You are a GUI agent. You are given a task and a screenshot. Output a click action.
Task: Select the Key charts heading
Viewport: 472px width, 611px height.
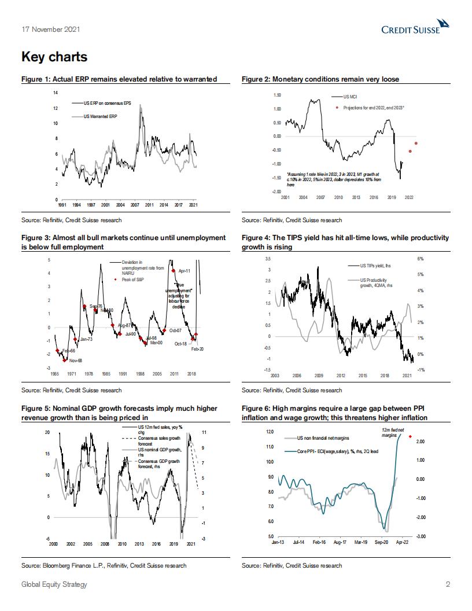pyautogui.click(x=54, y=57)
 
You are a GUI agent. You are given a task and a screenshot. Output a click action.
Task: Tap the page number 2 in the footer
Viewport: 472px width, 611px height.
pyautogui.click(x=448, y=584)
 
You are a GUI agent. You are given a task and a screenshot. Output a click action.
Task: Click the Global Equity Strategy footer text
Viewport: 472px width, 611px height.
pyautogui.click(x=54, y=584)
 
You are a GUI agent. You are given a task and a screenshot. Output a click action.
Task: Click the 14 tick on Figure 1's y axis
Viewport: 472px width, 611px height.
pyautogui.click(x=56, y=93)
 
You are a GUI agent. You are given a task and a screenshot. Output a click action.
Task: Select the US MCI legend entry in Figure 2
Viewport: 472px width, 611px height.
pyautogui.click(x=351, y=97)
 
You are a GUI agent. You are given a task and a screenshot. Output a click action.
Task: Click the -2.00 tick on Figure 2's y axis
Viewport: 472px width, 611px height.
pyautogui.click(x=276, y=191)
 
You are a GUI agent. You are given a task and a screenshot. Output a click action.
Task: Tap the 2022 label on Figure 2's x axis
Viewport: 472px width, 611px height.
pyautogui.click(x=409, y=198)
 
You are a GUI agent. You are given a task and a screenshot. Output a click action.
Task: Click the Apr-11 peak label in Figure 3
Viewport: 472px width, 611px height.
pyautogui.click(x=185, y=270)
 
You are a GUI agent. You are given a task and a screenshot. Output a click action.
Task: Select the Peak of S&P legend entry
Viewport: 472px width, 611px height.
pyautogui.click(x=133, y=280)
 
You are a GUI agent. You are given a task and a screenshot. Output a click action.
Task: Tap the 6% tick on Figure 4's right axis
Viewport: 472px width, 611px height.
pyautogui.click(x=421, y=259)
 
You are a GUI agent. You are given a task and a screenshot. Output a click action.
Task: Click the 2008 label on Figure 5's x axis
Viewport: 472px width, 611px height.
pyautogui.click(x=105, y=544)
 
